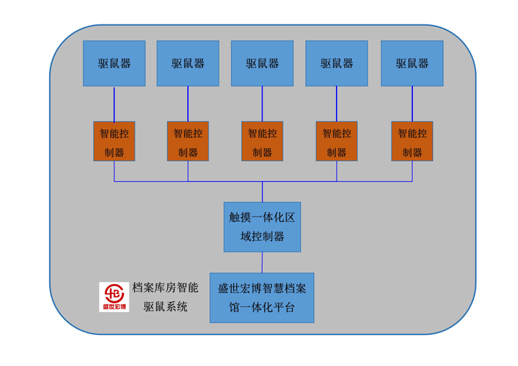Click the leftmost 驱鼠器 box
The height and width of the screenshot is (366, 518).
pos(114,63)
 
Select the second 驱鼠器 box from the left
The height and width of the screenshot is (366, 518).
pos(188,63)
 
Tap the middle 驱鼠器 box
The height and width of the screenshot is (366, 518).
pos(262,63)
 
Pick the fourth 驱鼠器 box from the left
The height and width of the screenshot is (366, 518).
pos(337,63)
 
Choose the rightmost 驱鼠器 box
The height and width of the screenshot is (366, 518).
pos(412,63)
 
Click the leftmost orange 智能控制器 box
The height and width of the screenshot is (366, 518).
pos(114,142)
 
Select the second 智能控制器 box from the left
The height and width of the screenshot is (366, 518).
pos(188,142)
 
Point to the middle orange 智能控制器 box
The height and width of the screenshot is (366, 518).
pos(262,142)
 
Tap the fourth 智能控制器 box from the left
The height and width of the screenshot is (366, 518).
pos(337,142)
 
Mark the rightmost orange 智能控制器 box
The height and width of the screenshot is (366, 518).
pos(412,142)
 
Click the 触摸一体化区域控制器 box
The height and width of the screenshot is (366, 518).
pos(262,227)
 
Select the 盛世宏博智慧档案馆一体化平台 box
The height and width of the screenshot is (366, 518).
pos(262,298)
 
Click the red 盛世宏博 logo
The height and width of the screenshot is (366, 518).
pos(114,297)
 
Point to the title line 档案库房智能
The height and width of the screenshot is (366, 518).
pos(165,288)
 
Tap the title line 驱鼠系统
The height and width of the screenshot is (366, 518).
pos(165,306)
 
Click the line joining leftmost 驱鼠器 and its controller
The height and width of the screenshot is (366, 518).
pos(114,104)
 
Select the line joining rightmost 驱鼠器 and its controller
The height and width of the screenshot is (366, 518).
pos(412,104)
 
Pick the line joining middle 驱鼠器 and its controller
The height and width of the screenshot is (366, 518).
pos(262,104)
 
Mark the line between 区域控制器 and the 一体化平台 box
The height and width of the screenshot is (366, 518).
pos(262,262)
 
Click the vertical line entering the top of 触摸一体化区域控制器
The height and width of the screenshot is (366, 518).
pos(262,192)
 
